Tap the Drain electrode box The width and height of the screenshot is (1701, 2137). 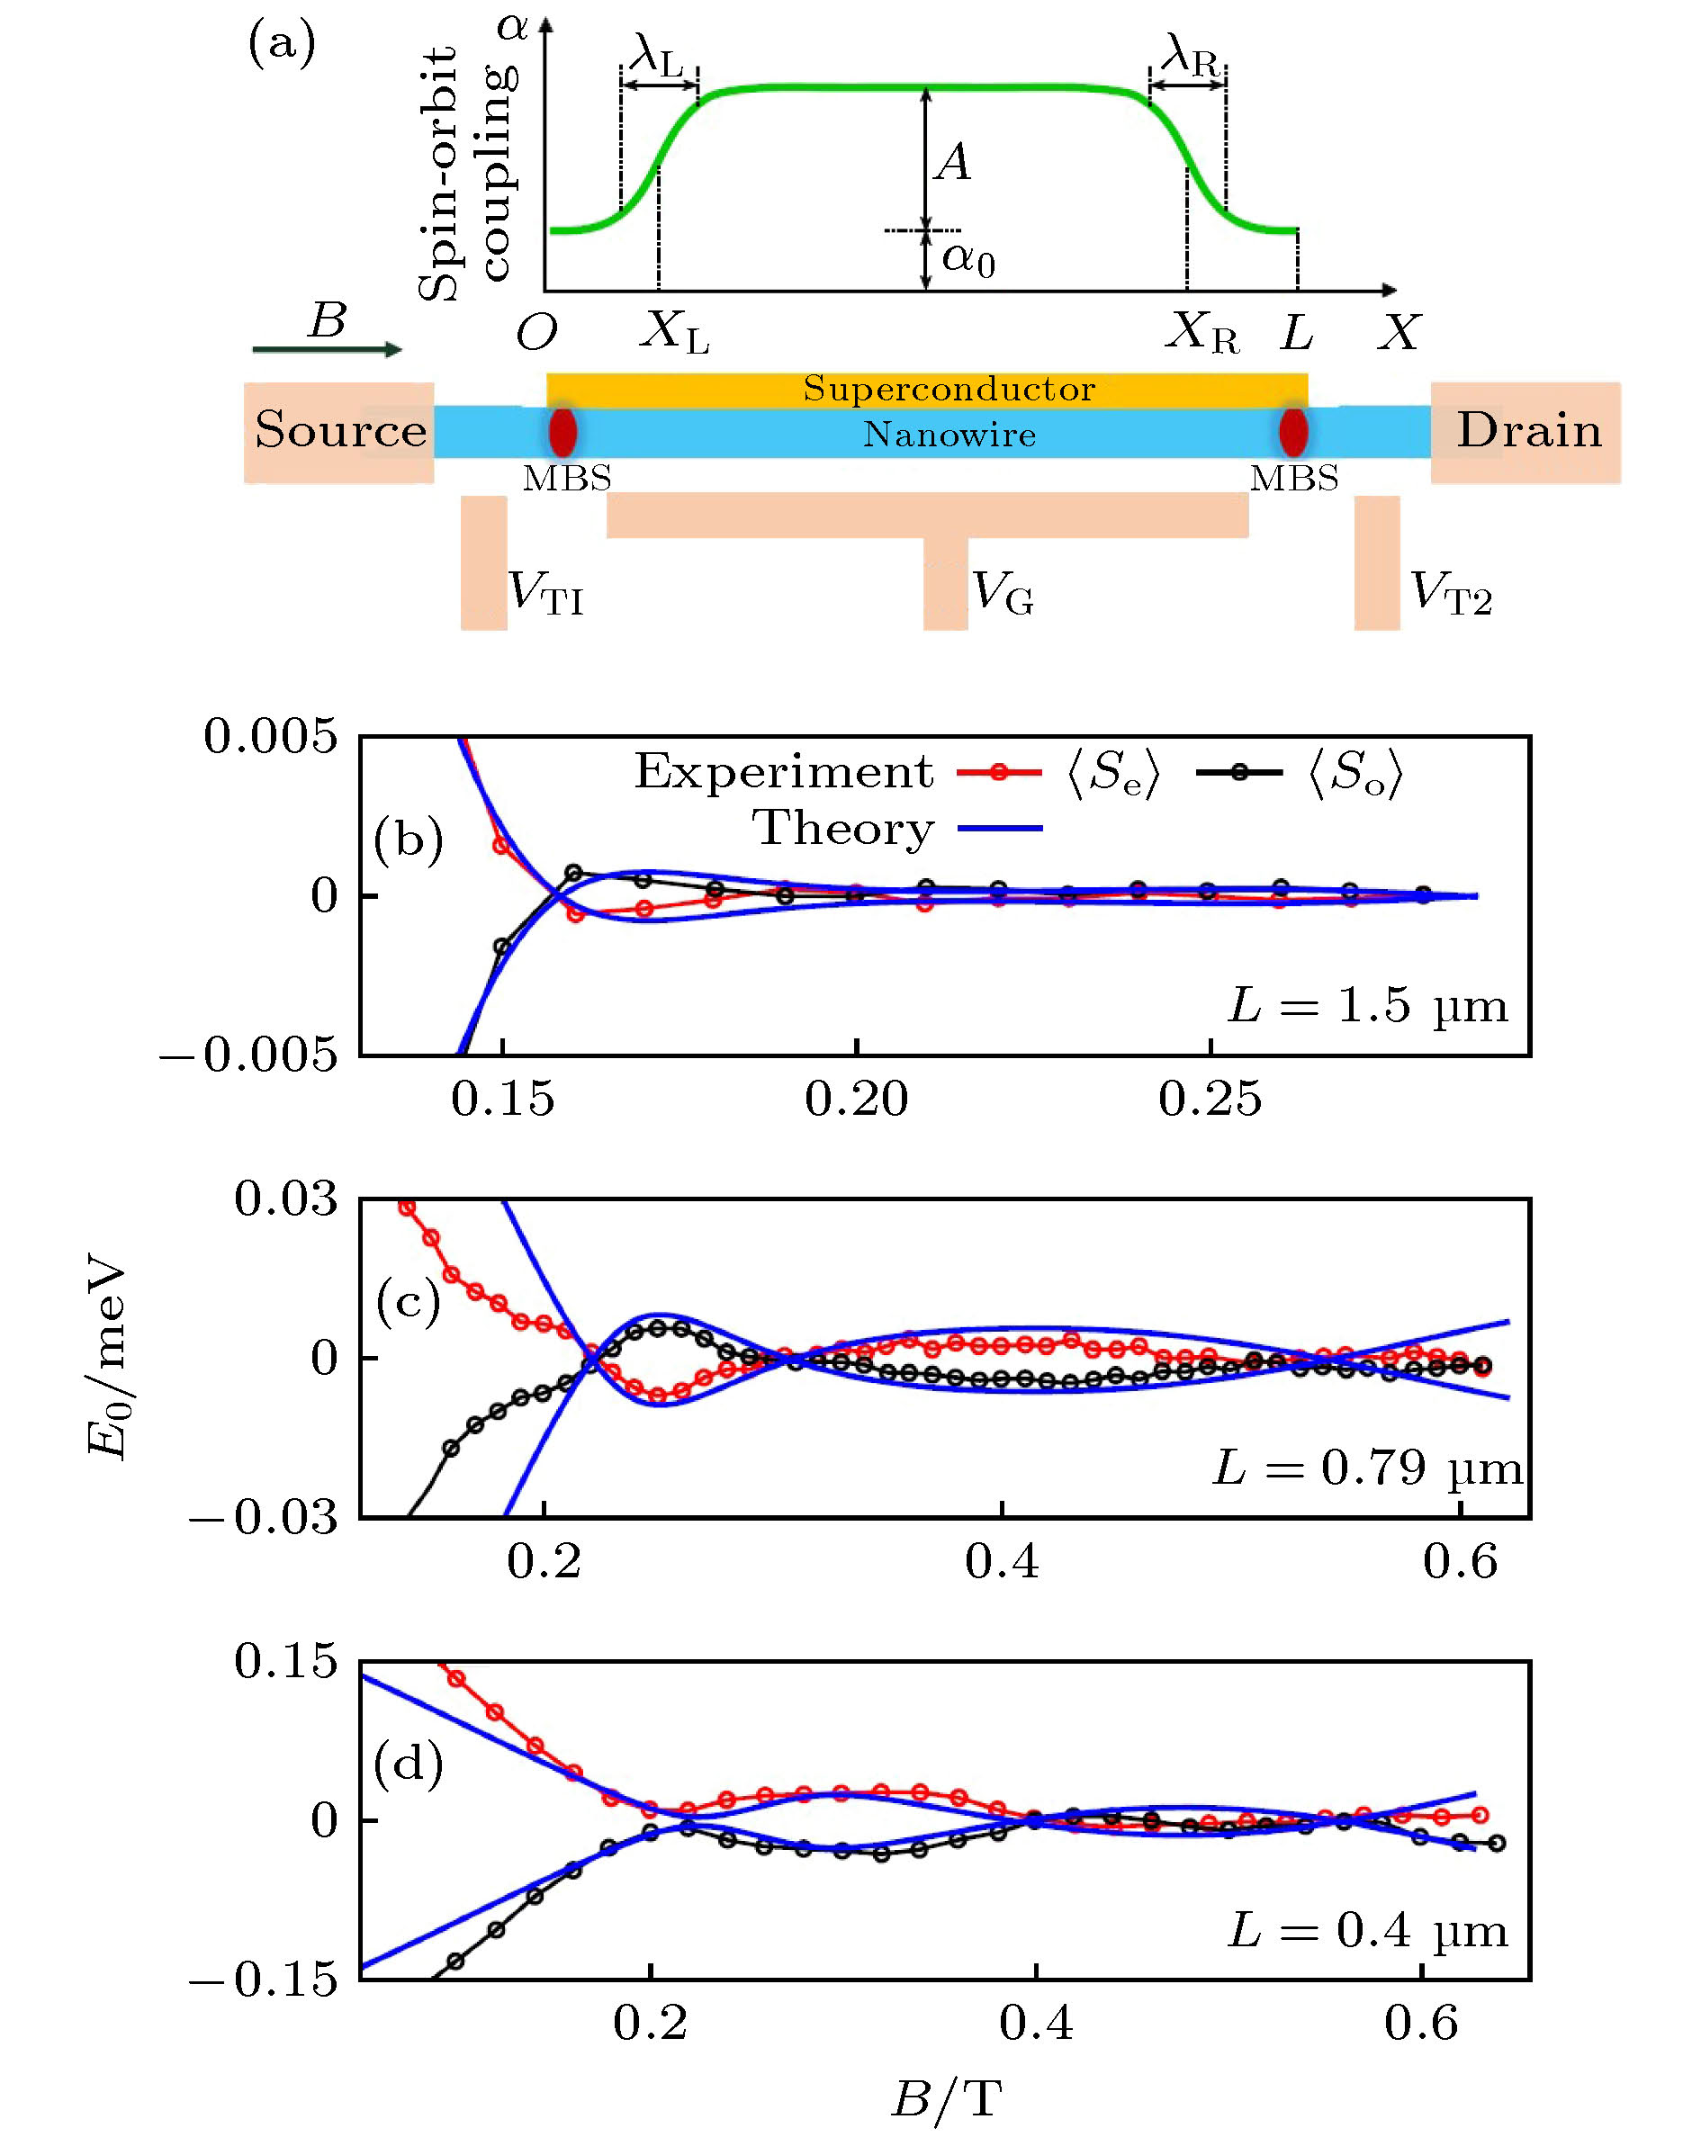pyautogui.click(x=1526, y=432)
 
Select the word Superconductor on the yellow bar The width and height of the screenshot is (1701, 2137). pyautogui.click(x=949, y=389)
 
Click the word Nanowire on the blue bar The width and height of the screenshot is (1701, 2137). pyautogui.click(x=949, y=434)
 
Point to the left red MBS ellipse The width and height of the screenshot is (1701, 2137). pyautogui.click(x=563, y=431)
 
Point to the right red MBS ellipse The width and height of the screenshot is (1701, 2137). pyautogui.click(x=1292, y=431)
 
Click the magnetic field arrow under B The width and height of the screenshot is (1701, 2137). pyautogui.click(x=327, y=349)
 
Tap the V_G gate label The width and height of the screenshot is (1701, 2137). pyautogui.click(x=1003, y=594)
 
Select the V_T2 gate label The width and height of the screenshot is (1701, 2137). pyautogui.click(x=1450, y=594)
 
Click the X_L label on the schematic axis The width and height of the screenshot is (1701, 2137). pyautogui.click(x=674, y=331)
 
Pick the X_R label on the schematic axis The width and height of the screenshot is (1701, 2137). pyautogui.click(x=1201, y=331)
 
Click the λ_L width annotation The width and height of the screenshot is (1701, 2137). pyautogui.click(x=658, y=58)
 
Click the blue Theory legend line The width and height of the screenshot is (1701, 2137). pyautogui.click(x=999, y=828)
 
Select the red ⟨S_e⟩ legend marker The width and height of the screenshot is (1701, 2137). pyautogui.click(x=999, y=772)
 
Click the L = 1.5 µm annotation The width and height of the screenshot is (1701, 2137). pyautogui.click(x=1368, y=1006)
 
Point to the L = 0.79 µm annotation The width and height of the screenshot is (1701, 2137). pyautogui.click(x=1368, y=1468)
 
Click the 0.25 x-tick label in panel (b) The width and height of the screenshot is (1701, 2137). pyautogui.click(x=1210, y=1100)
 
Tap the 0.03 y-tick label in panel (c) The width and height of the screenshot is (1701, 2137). pyautogui.click(x=285, y=1199)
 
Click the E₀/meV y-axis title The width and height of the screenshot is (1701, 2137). pyautogui.click(x=107, y=1358)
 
